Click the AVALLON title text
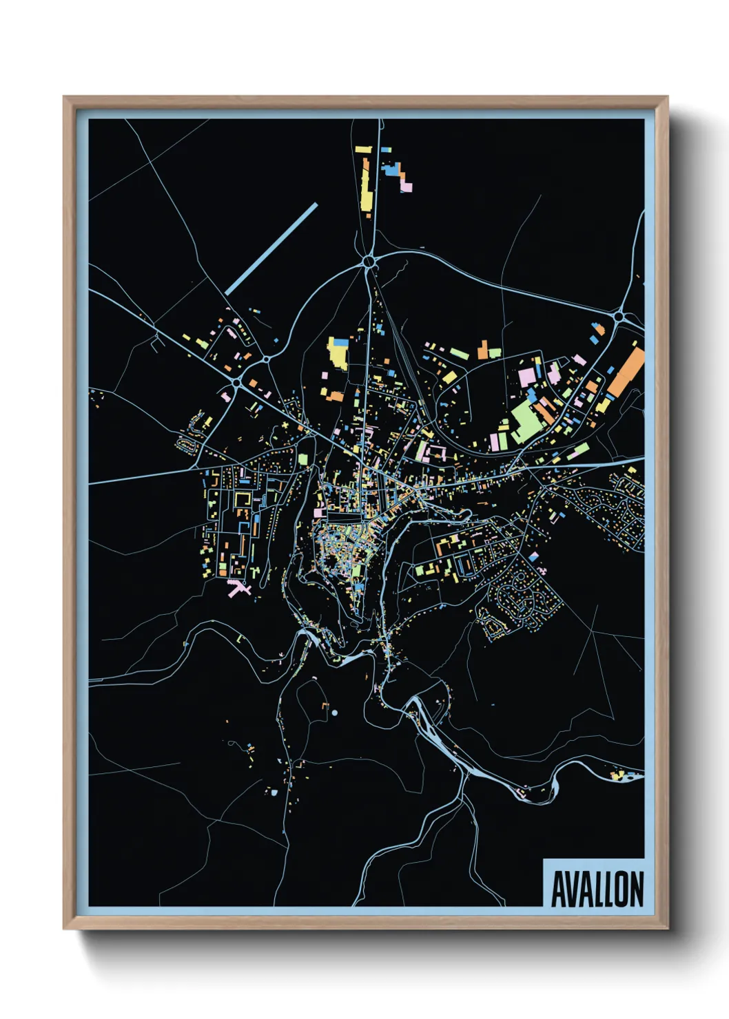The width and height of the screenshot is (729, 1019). [597, 889]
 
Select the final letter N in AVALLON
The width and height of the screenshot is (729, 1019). [636, 889]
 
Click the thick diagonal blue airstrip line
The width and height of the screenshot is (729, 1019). [271, 249]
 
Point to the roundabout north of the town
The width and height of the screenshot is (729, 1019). [370, 262]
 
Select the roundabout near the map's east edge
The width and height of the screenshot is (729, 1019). [619, 317]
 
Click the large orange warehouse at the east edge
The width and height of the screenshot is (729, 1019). [626, 372]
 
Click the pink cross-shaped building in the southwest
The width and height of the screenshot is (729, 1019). [238, 588]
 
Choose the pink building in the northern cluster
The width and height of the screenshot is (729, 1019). [407, 186]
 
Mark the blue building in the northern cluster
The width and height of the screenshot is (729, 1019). [391, 169]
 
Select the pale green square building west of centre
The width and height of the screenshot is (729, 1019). [302, 459]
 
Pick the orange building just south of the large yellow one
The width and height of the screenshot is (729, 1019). [335, 396]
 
